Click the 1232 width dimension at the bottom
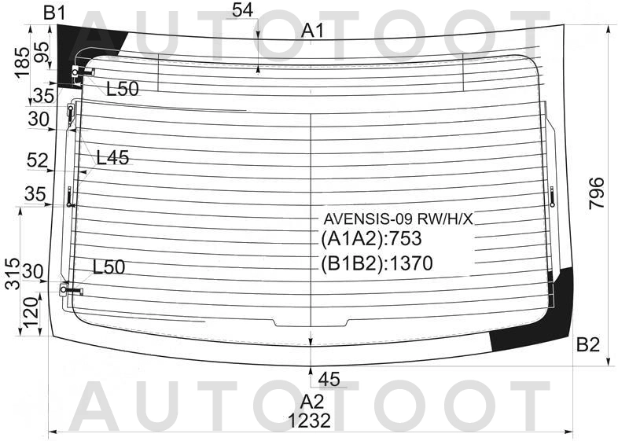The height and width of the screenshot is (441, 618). tap(309, 421)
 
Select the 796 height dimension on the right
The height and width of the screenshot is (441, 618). tap(596, 193)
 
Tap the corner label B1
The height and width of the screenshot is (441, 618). tap(54, 13)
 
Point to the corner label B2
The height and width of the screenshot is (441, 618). tap(587, 344)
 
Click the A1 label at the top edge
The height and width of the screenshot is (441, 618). tap(313, 31)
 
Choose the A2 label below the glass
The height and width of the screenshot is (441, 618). tap(312, 402)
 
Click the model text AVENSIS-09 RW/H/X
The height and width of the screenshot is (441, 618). tap(398, 219)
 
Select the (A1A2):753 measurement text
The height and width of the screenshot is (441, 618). tap(371, 239)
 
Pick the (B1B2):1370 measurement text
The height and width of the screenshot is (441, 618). tap(377, 263)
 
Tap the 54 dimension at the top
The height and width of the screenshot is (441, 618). tap(242, 10)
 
